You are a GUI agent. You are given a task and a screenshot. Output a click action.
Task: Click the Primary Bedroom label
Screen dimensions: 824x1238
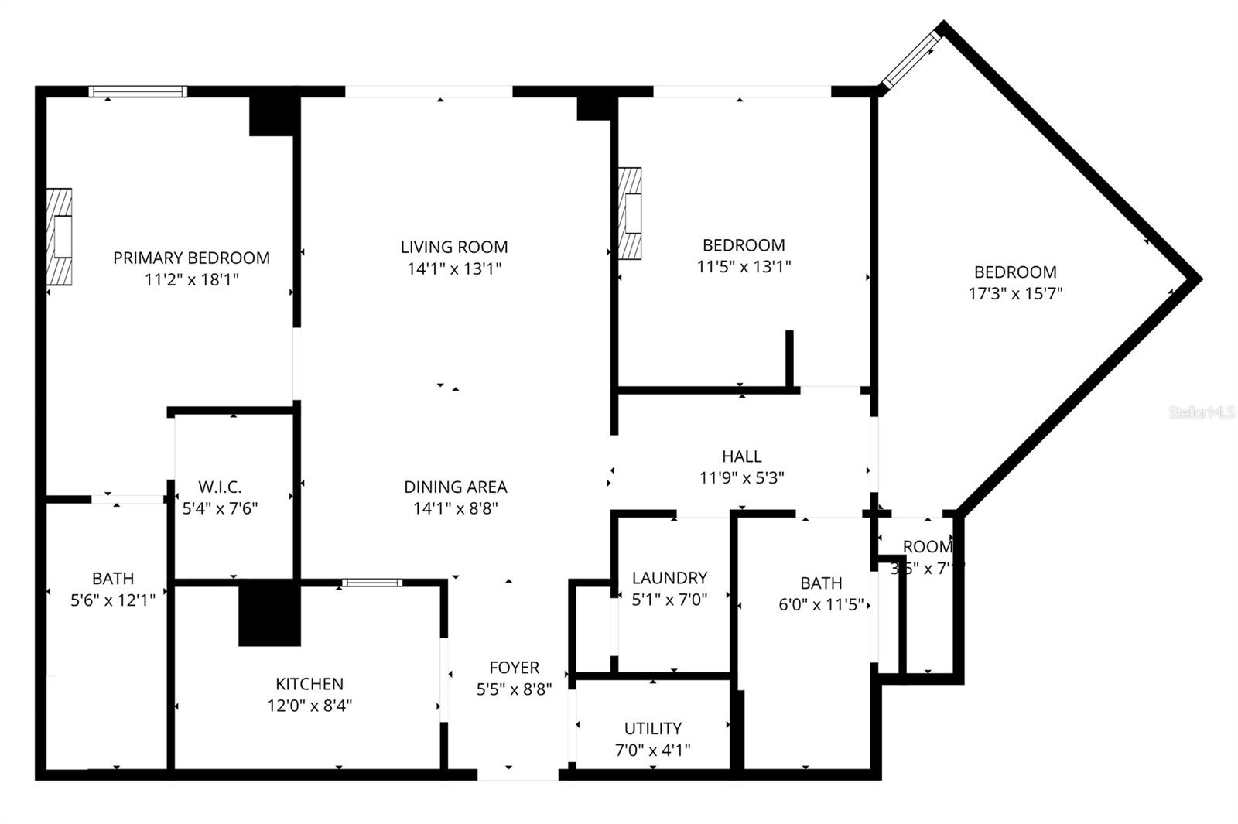pos(191,258)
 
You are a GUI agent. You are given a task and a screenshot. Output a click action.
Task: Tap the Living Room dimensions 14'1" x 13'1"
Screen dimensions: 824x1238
pos(454,269)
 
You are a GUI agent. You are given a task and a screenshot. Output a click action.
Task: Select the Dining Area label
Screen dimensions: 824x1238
pos(455,487)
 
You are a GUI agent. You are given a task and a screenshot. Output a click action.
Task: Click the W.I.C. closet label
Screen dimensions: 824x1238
pos(220,487)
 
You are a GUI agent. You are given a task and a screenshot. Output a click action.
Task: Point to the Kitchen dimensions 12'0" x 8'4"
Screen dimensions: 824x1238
pos(309,706)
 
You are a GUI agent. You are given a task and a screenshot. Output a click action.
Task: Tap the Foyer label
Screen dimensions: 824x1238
pos(514,667)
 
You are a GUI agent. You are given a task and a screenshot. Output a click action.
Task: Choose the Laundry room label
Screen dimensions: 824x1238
pos(669,577)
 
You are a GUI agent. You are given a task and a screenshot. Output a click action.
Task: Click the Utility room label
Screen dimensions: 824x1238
pos(653,728)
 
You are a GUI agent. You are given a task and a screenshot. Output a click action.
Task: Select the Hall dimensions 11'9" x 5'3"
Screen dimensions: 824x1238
pos(741,478)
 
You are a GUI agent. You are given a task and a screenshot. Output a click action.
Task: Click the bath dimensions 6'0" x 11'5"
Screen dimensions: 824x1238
pos(821,604)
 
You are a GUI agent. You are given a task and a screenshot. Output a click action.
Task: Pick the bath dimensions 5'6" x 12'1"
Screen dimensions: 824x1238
pos(113,600)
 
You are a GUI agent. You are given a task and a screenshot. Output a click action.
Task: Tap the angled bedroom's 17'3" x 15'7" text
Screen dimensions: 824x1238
pos(1015,294)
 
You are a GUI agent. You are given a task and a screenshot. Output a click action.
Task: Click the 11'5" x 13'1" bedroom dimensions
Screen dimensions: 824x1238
pos(744,267)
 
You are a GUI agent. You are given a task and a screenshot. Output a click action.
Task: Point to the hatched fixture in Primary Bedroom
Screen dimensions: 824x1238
pos(60,237)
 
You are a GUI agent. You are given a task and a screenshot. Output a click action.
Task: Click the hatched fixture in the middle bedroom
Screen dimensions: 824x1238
pos(631,213)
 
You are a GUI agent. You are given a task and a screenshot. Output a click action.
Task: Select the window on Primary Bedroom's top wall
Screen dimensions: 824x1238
pos(138,91)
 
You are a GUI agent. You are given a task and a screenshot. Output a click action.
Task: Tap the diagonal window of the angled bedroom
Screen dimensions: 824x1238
pos(911,59)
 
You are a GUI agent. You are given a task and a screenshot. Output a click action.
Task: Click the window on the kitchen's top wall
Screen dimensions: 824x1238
pos(372,582)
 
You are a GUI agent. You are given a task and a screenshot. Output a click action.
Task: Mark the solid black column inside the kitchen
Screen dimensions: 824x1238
pos(269,613)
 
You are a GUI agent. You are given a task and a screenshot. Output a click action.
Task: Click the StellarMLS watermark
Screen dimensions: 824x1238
pos(1202,412)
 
